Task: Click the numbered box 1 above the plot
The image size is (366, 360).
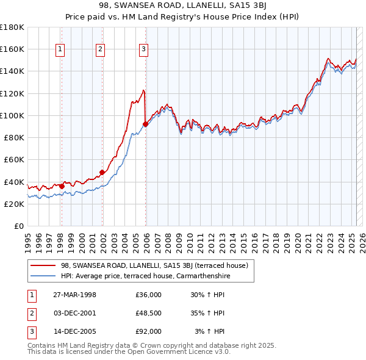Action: tap(61, 50)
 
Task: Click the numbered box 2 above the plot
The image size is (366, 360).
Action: tap(100, 50)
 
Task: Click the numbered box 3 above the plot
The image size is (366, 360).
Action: tap(143, 50)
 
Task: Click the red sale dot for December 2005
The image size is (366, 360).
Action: tap(146, 124)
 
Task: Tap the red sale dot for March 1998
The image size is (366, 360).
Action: tap(62, 185)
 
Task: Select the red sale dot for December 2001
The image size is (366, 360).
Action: tap(102, 172)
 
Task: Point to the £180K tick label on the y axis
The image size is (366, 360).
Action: tap(12, 27)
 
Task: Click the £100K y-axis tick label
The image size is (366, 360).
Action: tap(12, 115)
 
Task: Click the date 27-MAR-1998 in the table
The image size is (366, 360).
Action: tap(75, 295)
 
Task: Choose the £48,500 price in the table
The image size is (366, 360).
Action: tap(148, 313)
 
